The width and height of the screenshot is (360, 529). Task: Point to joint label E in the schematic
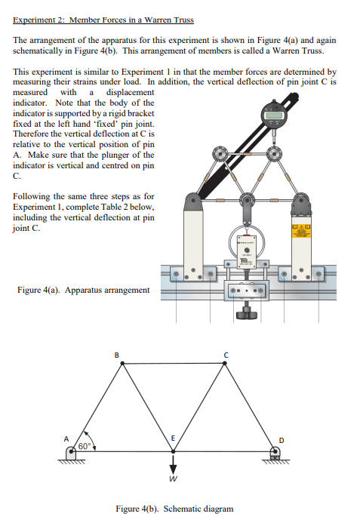click(x=173, y=437)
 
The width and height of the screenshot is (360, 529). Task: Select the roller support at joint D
click(x=275, y=453)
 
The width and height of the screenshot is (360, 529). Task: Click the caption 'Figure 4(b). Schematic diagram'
click(x=174, y=509)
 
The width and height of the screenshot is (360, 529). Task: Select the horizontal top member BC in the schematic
click(x=171, y=364)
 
